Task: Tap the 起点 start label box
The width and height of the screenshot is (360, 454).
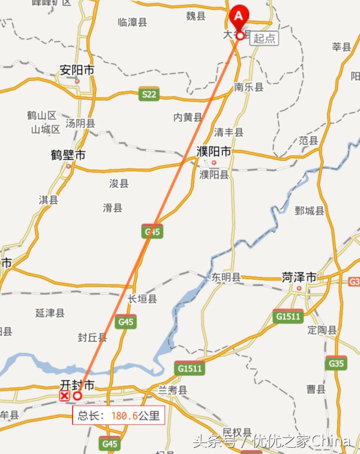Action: pos(263,38)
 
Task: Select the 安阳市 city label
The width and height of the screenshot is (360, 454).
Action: pos(76,70)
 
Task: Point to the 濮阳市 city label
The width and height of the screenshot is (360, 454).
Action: pos(213,151)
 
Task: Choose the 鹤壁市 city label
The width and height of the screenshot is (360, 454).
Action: pos(68,155)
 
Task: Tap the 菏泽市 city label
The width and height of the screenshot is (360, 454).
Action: pos(299,277)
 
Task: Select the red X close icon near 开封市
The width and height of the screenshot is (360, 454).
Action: pos(64,396)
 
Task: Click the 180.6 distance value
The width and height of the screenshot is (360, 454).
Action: pos(124,416)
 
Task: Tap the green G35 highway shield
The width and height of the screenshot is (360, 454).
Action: pos(336,364)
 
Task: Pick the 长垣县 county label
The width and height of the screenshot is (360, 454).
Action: pos(142,299)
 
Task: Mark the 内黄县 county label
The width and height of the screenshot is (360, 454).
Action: pos(187,117)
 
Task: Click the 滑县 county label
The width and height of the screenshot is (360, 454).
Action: pos(112,208)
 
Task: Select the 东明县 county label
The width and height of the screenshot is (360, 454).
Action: pos(226,277)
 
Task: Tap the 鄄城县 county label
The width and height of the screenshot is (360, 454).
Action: pos(309,211)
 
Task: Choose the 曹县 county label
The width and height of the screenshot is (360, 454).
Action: pos(316,389)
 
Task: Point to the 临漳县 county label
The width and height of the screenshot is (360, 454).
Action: pos(132,22)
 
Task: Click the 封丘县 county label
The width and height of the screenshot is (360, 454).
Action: pos(92,338)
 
